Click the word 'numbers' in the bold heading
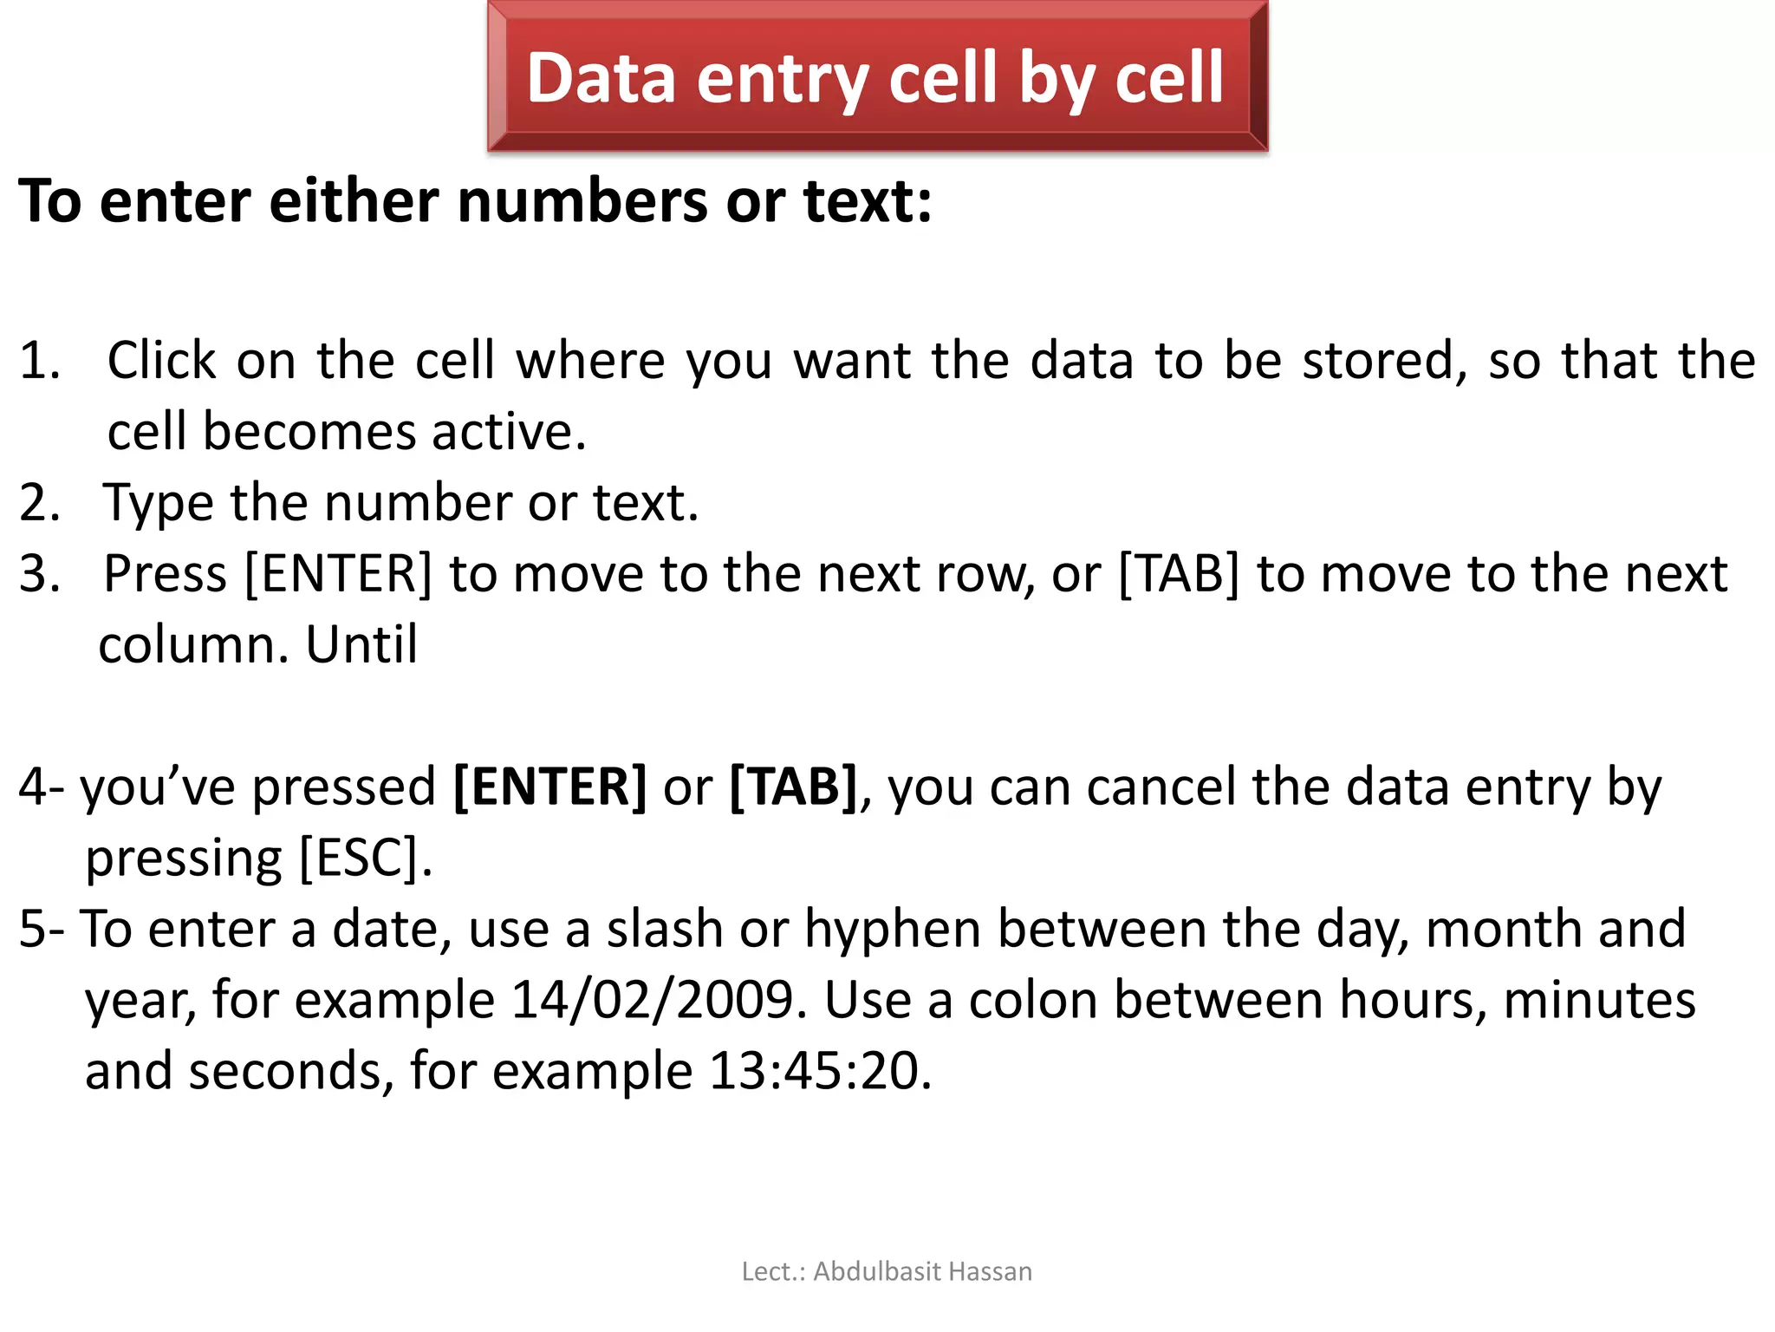582,201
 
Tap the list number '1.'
40,360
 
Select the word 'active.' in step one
510,431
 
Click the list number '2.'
40,502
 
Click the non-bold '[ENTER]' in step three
338,574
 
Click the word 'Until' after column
361,645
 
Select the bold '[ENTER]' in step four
549,787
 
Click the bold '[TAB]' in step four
793,787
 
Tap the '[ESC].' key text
365,859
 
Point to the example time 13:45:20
820,1071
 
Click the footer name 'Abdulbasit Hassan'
922,1271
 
